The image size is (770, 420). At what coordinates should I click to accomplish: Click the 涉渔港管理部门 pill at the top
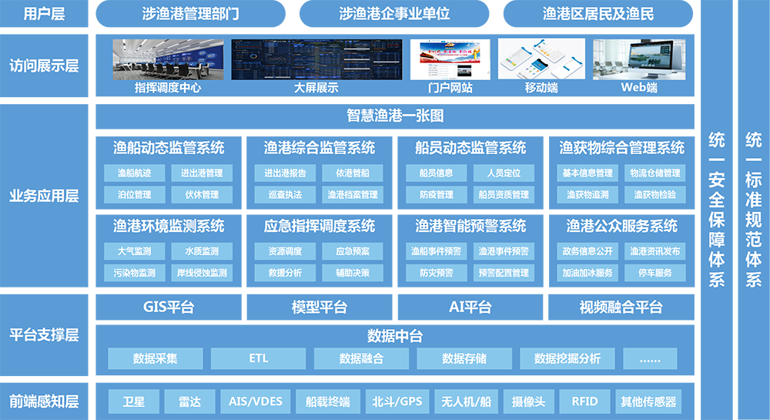tap(190, 14)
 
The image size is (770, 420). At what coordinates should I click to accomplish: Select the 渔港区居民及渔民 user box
tap(598, 14)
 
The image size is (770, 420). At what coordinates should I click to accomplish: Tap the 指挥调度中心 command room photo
tap(168, 59)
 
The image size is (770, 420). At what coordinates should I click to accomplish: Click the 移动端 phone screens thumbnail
tap(541, 59)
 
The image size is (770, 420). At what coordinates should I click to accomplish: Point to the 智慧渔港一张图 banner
tap(395, 116)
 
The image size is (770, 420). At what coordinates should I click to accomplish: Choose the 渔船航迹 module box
tap(135, 173)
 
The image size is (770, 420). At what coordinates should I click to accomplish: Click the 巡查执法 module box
tap(285, 195)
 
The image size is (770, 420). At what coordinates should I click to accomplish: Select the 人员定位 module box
tap(504, 173)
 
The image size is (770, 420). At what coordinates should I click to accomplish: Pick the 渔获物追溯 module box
tap(588, 195)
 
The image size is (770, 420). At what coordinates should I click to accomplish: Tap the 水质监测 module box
tap(202, 251)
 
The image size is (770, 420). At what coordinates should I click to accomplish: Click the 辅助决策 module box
tap(353, 273)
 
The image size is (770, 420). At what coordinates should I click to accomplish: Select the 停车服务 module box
tap(655, 273)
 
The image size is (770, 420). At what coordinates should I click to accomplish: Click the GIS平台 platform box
tap(169, 307)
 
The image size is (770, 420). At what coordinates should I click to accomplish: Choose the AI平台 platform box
tap(470, 307)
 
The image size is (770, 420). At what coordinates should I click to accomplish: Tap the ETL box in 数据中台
tap(258, 358)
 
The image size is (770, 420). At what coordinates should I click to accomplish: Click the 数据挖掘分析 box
tap(567, 358)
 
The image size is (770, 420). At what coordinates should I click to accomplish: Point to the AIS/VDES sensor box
tap(256, 402)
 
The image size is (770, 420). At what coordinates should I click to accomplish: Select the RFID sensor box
tap(584, 402)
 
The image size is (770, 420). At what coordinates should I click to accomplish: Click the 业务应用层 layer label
tap(44, 196)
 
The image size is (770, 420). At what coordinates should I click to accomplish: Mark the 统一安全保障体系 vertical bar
tap(716, 210)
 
